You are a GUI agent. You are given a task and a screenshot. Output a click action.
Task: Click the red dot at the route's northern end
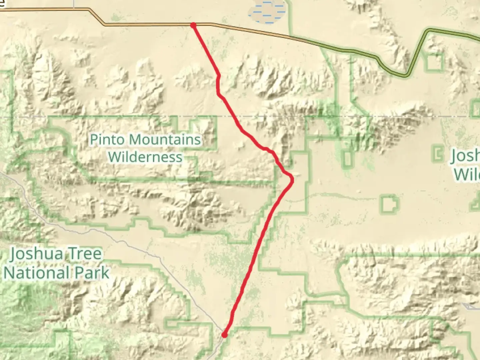[x=193, y=25]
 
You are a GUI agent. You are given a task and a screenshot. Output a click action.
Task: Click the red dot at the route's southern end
[x=224, y=335]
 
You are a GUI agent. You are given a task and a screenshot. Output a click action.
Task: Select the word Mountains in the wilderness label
[x=165, y=139]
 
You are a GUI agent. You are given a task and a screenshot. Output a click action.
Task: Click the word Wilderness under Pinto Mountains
[x=145, y=157]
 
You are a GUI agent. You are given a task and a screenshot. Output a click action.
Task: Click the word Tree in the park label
[x=85, y=254]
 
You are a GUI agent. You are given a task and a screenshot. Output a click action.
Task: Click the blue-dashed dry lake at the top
[x=267, y=12]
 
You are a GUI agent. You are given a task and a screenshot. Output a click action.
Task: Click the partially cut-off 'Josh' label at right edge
[x=465, y=156]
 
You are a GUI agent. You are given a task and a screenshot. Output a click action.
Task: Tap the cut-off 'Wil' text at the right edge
[x=467, y=174]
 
